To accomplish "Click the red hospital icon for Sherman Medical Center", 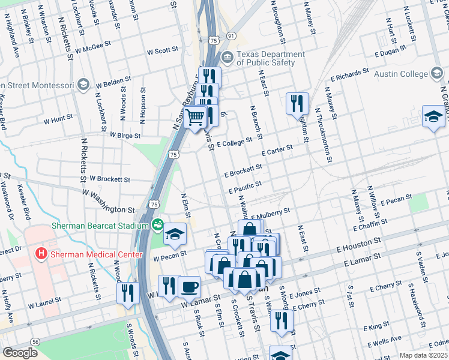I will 41,254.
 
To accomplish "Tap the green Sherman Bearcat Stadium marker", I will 158,226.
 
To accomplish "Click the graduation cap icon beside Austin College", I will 437,74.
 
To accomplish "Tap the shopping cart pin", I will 194,118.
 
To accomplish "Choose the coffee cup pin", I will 190,287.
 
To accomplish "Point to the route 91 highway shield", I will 231,36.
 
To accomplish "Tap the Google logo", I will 20,353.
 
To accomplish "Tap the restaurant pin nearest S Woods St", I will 127,293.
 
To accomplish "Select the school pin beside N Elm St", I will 175,234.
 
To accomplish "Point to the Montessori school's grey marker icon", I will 83,84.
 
